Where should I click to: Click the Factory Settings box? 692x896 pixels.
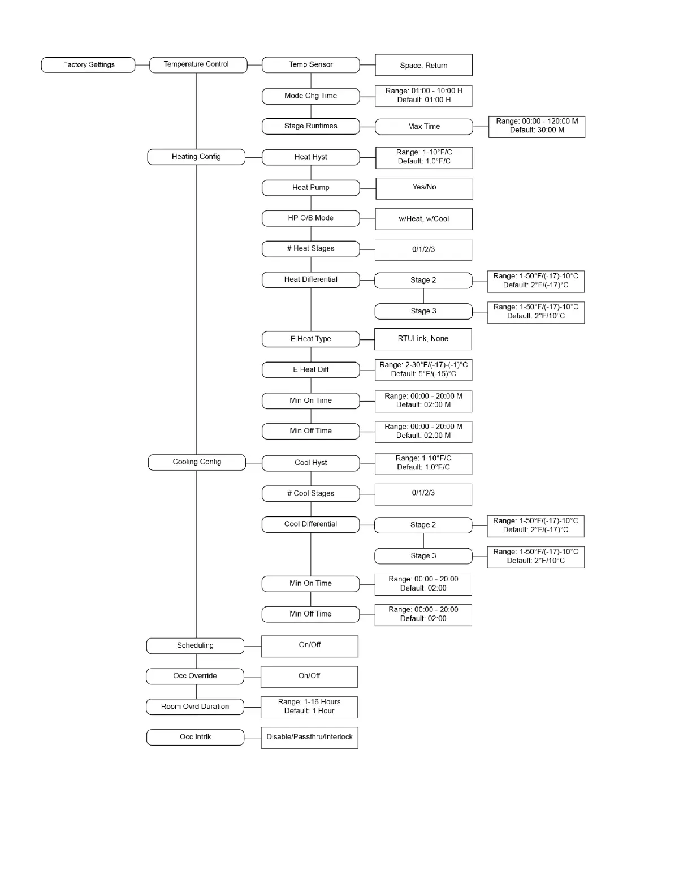pos(88,65)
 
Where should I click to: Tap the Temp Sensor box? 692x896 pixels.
pos(310,65)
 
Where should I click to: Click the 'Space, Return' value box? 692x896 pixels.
pos(423,65)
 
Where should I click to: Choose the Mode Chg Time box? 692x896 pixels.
pos(310,96)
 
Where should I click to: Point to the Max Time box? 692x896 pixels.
pos(423,127)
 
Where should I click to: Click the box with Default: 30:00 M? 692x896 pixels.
pos(537,126)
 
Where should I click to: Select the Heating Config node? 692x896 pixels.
pos(196,157)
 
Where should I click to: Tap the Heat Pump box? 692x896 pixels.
pos(310,188)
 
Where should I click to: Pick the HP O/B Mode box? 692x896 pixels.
pos(310,218)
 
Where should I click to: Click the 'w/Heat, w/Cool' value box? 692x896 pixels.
pos(423,219)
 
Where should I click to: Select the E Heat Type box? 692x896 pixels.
pos(310,339)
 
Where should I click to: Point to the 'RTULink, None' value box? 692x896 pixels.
pos(423,339)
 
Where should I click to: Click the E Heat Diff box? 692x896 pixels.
pos(310,370)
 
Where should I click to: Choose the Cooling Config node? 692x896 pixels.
pos(197,462)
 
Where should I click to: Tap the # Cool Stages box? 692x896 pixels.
pos(310,493)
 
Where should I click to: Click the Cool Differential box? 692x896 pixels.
pos(310,524)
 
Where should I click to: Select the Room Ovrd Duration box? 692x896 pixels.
pos(195,707)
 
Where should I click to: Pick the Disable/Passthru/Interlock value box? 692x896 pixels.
pos(309,738)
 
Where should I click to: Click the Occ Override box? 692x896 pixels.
pos(195,676)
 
